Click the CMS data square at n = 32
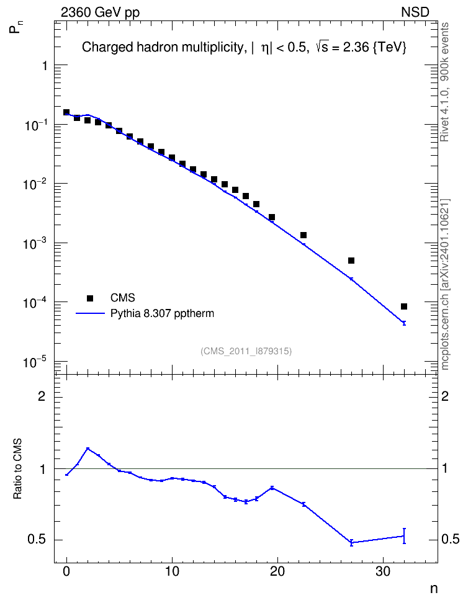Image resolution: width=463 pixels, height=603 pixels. point(404,306)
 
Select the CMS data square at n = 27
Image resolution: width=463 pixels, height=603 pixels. point(351,261)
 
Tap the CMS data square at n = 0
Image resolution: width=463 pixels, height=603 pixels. point(66,112)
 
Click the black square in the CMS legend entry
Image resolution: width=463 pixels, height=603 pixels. point(90,298)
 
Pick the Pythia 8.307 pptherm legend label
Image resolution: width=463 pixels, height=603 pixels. point(162,313)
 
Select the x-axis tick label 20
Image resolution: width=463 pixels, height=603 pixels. point(277,572)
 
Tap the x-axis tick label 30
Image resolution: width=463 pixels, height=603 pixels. point(383,572)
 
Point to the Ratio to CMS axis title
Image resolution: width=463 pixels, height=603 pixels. point(17,468)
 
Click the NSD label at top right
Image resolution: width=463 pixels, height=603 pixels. point(415,12)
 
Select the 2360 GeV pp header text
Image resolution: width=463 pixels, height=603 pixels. point(100,12)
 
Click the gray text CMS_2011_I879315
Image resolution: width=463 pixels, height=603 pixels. point(246,351)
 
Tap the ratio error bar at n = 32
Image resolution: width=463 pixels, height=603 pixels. point(404,536)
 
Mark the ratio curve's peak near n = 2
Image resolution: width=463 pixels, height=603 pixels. point(88,449)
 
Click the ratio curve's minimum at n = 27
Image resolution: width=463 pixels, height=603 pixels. point(351,543)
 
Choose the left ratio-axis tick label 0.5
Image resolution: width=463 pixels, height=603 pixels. point(37,540)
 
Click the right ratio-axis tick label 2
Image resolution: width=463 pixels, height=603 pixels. point(444,396)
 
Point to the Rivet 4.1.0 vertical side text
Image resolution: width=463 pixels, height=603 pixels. point(445,82)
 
